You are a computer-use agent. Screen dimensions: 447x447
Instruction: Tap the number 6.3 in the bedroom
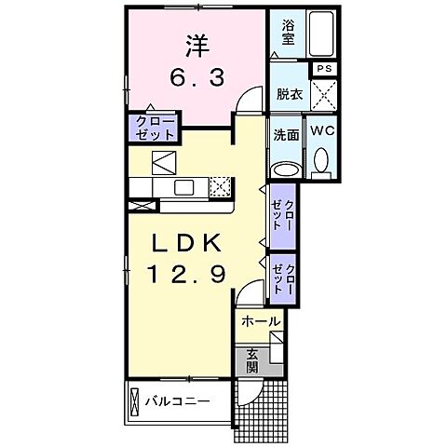click(x=195, y=81)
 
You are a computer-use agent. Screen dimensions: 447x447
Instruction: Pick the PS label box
click(x=324, y=69)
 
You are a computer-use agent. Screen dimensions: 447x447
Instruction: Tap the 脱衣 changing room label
click(x=289, y=93)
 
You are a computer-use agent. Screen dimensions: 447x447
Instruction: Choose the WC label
click(x=322, y=132)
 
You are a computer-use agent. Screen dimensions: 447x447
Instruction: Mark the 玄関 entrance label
click(x=253, y=359)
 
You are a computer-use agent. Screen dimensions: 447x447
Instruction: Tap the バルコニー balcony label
click(x=177, y=402)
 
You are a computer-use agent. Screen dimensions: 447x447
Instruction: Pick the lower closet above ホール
click(x=282, y=278)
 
